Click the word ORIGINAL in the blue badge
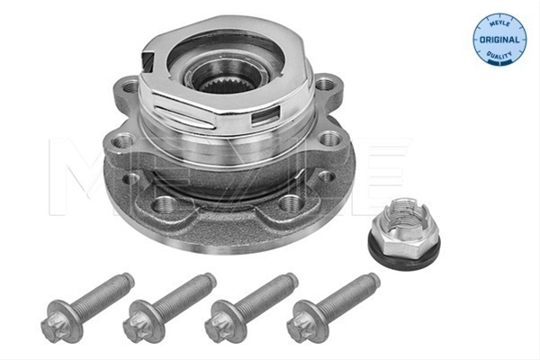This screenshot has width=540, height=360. coord(499,40)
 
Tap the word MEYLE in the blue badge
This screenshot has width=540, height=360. coord(499,23)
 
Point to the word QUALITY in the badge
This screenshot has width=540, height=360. coord(499,55)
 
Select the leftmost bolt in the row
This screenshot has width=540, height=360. coord(86,307)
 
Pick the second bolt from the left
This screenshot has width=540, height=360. coord(168,307)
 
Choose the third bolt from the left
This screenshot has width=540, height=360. coord(251,307)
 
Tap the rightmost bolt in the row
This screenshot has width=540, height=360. coord(333,307)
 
